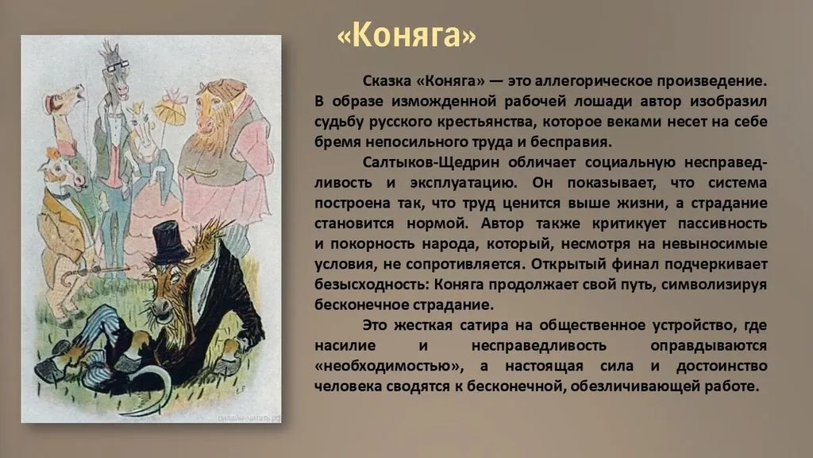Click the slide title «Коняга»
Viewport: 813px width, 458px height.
[406, 36]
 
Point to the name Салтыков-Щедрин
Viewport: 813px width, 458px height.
[431, 162]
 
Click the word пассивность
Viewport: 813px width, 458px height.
[722, 223]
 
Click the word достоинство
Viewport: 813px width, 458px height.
[722, 366]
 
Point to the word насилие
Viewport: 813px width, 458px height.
[345, 346]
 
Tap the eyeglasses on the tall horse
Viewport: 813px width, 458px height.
[118, 65]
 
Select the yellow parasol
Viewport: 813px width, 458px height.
[170, 111]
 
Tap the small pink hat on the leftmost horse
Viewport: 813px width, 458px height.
[51, 103]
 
